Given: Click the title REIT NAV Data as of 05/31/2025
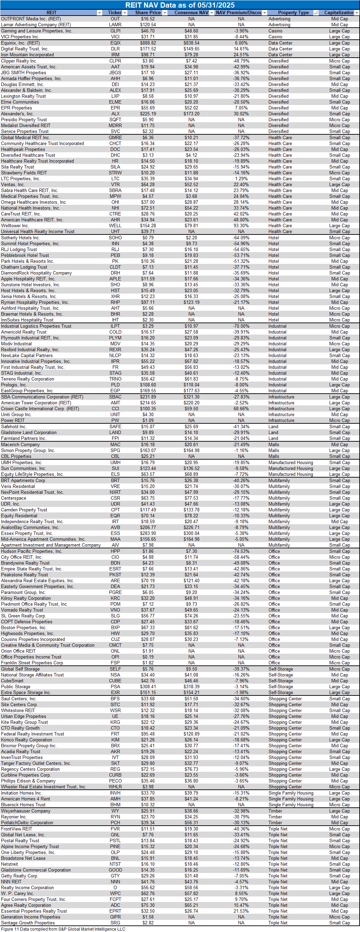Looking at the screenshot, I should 180,5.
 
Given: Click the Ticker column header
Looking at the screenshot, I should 114,13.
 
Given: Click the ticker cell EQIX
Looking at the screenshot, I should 115,43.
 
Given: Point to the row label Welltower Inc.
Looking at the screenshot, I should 15,226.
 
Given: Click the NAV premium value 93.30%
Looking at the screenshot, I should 241,226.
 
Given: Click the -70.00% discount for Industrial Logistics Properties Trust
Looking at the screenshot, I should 241,326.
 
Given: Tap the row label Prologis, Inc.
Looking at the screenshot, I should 14,385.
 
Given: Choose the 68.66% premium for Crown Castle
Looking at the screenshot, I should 241,409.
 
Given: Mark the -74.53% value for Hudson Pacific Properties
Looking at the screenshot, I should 241,551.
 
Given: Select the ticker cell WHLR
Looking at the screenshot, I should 115,787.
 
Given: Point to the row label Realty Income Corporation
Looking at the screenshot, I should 27,887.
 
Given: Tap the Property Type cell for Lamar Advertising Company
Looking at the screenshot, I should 279,25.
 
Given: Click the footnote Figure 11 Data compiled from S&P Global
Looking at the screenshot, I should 63,929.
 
